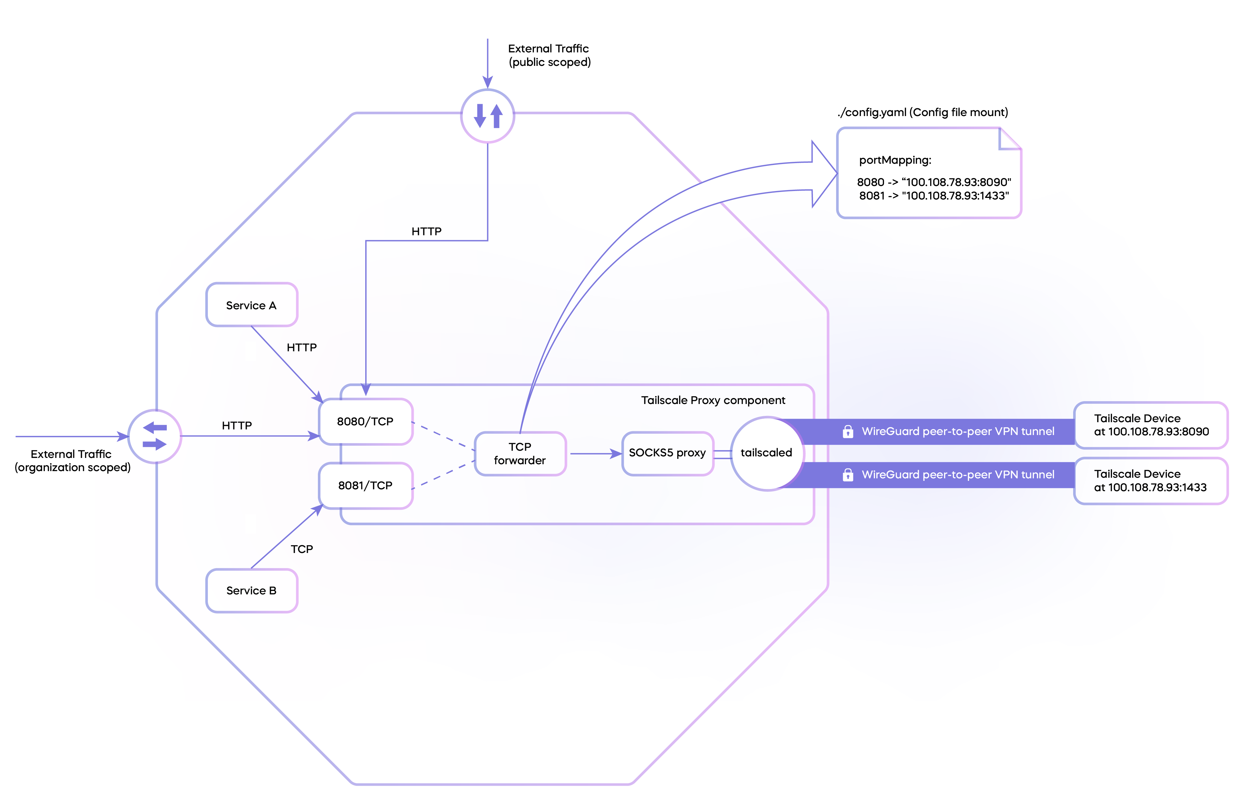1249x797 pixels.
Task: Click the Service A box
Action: click(251, 305)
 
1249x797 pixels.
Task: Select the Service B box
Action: click(251, 591)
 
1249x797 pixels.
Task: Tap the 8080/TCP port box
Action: click(366, 421)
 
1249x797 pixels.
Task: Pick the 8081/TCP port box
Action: click(366, 486)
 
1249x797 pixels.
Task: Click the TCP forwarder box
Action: click(520, 454)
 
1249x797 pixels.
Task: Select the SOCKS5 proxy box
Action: click(667, 453)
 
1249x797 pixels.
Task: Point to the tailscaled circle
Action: click(767, 453)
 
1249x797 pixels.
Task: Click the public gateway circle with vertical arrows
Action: click(487, 116)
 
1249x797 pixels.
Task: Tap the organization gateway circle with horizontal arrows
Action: click(155, 436)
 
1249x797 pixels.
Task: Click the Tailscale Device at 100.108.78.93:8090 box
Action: click(1151, 425)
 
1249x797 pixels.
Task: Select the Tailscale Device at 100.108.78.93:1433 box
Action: click(1151, 481)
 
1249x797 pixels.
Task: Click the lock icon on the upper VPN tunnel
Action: click(847, 431)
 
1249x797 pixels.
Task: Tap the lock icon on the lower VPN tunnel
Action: click(847, 475)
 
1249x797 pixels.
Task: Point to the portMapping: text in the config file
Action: click(895, 160)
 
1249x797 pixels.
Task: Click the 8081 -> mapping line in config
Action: click(934, 196)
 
